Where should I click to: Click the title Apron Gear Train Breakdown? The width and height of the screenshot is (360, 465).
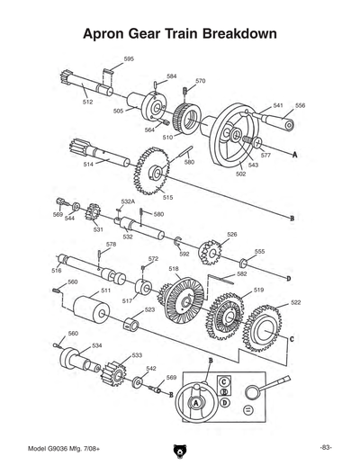[179, 34]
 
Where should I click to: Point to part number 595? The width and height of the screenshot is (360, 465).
[129, 58]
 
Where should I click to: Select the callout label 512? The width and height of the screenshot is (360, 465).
[87, 103]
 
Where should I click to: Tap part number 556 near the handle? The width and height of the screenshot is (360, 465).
[300, 105]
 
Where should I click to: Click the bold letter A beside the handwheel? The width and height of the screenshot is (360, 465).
[294, 154]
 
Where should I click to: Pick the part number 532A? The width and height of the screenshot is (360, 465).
[128, 202]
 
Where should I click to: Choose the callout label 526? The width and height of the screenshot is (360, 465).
[231, 234]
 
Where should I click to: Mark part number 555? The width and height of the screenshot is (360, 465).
[259, 252]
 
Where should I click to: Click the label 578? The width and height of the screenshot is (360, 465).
[111, 244]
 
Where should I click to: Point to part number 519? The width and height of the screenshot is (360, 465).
[258, 290]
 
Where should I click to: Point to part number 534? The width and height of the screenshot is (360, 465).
[97, 345]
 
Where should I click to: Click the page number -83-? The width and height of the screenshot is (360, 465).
[326, 447]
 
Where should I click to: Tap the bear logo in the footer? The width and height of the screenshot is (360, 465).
[180, 448]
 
